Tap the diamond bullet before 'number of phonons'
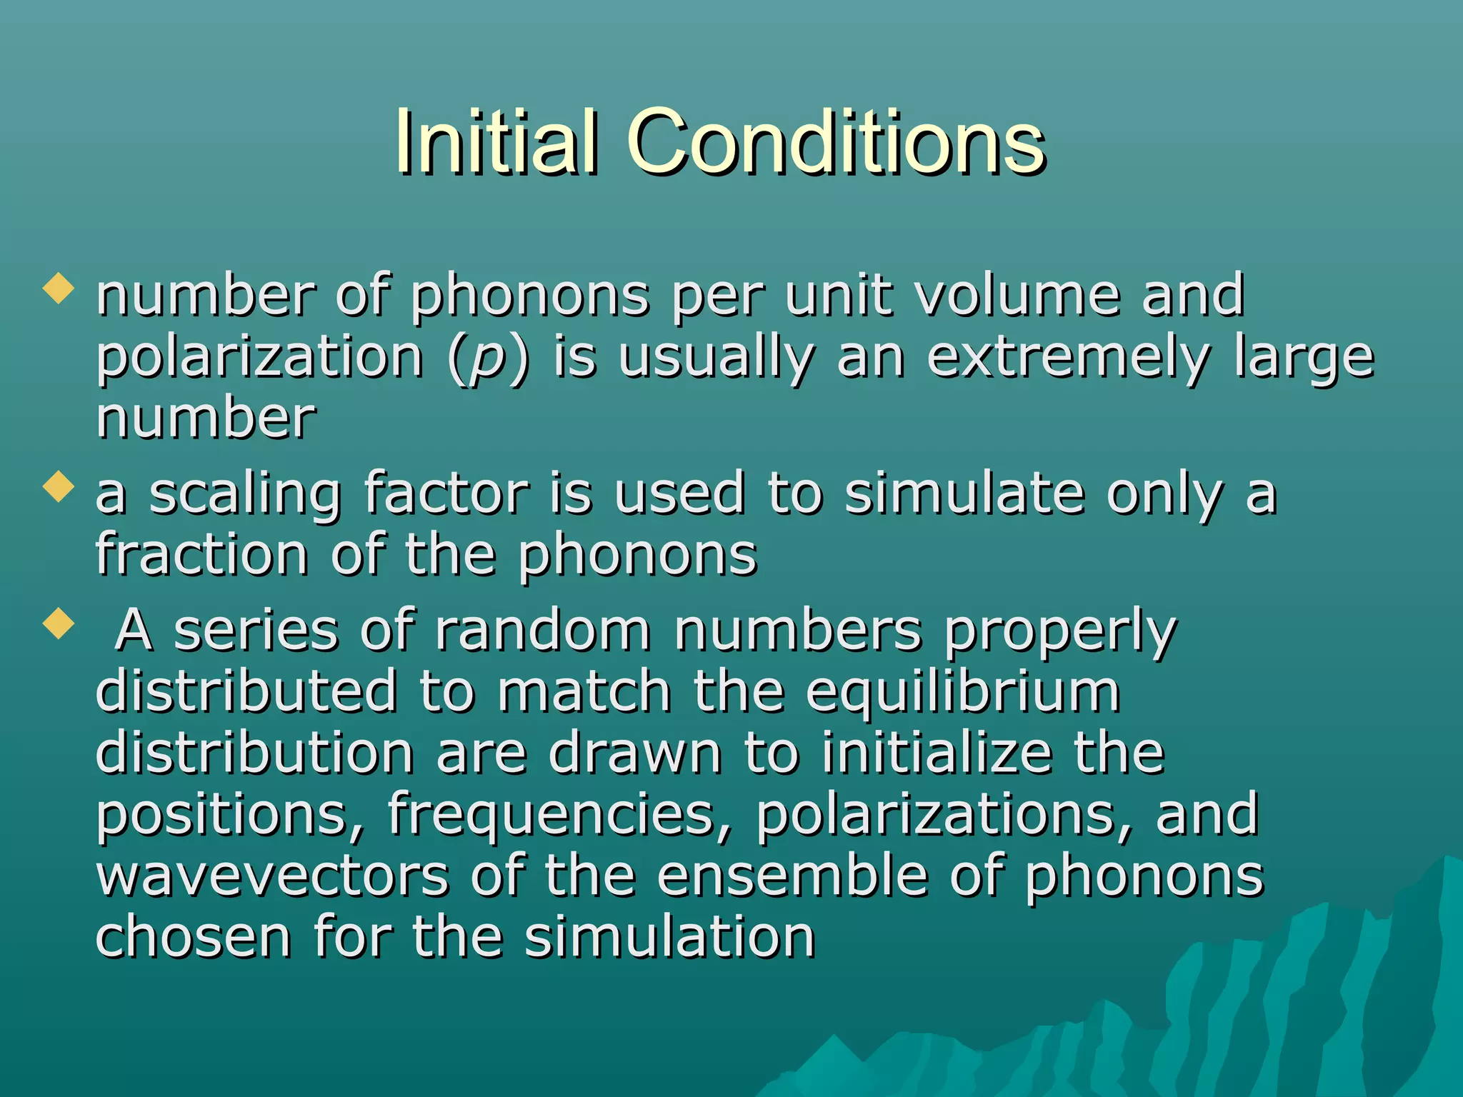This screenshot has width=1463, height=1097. coord(59,289)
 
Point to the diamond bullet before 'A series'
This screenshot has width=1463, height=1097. coord(59,623)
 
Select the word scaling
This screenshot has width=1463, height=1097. coord(245,494)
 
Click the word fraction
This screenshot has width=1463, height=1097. coord(202,555)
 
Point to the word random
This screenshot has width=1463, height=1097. coord(543,631)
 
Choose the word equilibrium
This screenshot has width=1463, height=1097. coord(963,692)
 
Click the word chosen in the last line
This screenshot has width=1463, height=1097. coord(193,937)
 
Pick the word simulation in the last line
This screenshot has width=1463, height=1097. coord(670,937)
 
